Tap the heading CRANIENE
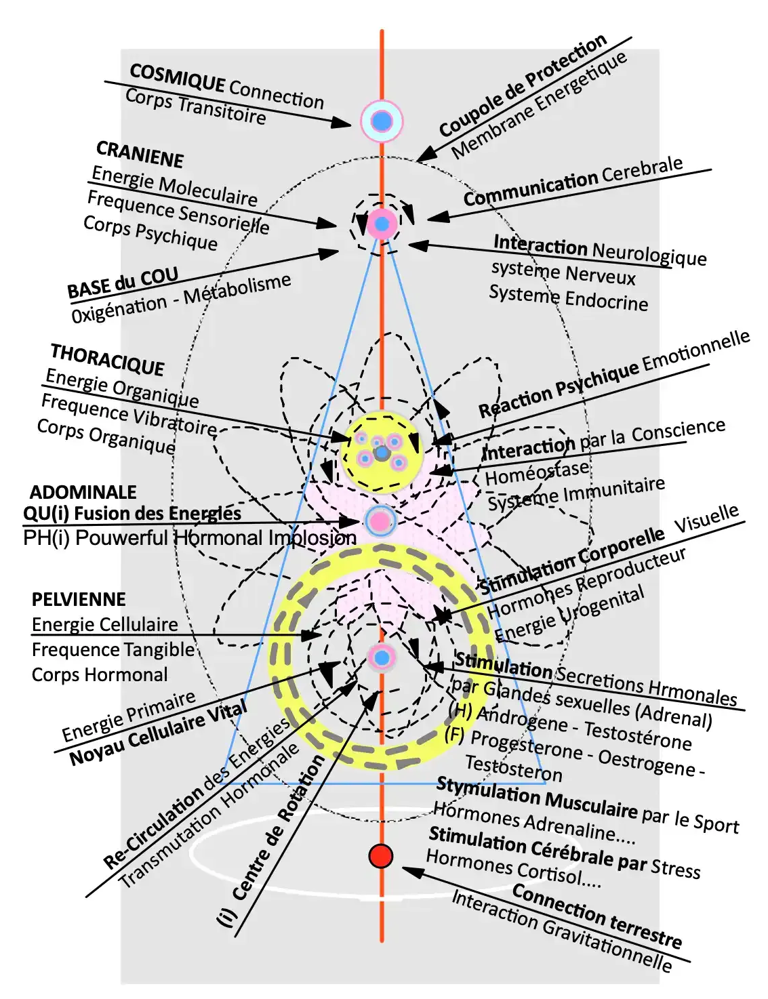[140, 155]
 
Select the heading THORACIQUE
[108, 360]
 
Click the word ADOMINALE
[83, 492]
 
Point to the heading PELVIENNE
[79, 599]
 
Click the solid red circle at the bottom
[381, 856]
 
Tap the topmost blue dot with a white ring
[382, 121]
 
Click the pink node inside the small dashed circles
[382, 223]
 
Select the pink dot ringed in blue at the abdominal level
[380, 521]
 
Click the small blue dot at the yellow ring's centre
[382, 657]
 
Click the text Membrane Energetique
[540, 106]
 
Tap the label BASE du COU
[123, 283]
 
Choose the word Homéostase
[537, 472]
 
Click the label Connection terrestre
[597, 916]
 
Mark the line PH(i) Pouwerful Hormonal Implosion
[190, 538]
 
